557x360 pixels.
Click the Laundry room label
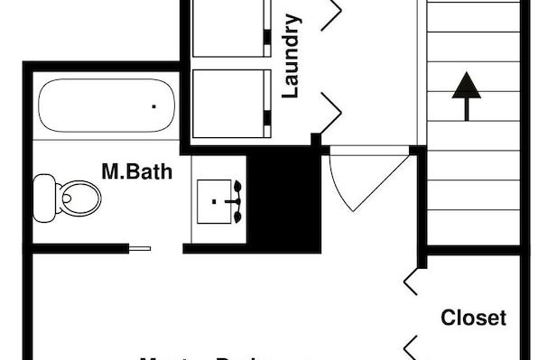[x=291, y=55]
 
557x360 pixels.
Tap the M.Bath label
[x=136, y=171]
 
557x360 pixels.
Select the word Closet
[x=473, y=318]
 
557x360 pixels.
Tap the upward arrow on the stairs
[x=466, y=94]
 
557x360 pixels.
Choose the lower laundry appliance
[x=231, y=104]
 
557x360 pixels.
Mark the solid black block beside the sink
[x=283, y=199]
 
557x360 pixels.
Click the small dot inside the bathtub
[x=153, y=106]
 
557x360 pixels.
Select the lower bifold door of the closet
[x=411, y=347]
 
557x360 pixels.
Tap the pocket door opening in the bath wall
[x=140, y=248]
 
